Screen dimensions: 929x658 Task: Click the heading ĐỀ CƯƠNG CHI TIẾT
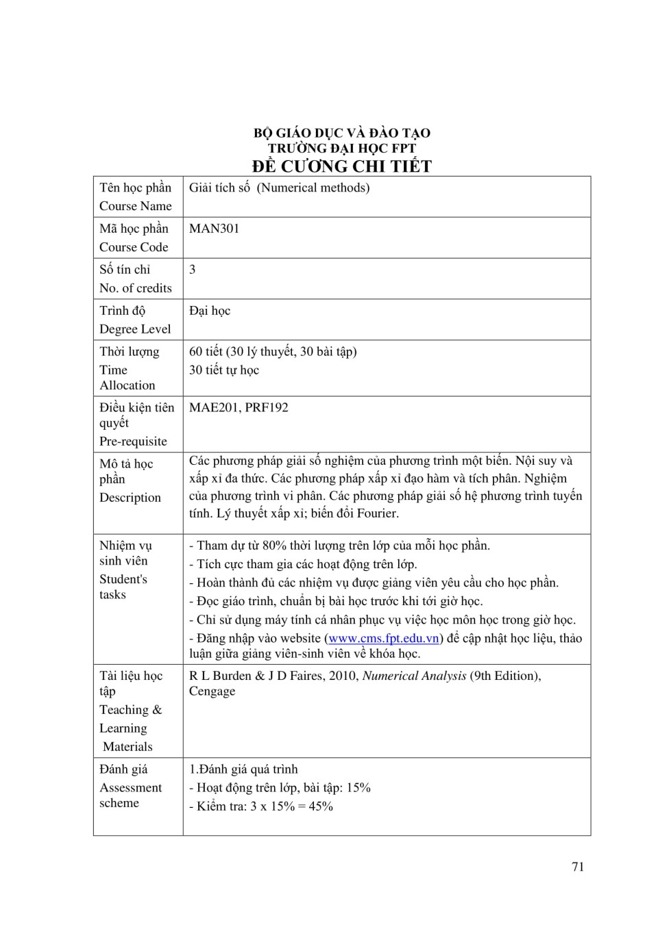[x=341, y=166]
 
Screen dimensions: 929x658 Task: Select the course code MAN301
[x=214, y=229]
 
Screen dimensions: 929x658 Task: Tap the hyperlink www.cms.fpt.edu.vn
[x=384, y=638]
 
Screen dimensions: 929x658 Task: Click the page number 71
[x=578, y=867]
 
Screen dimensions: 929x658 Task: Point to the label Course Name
[x=136, y=206]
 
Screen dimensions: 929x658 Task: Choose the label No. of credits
[x=136, y=288]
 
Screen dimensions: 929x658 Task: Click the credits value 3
[x=193, y=270]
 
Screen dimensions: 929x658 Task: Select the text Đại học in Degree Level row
[x=210, y=311]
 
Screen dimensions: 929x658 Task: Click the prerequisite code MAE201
[x=214, y=407]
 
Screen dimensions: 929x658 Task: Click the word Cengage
[x=212, y=691]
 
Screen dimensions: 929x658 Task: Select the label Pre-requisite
[x=133, y=442]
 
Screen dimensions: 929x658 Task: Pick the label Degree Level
[x=135, y=329]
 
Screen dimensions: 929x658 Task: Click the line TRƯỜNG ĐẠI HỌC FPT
[x=341, y=148]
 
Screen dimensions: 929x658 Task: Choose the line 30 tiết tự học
[x=224, y=370]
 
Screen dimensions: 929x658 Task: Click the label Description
[x=130, y=498]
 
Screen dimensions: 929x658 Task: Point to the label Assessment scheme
[x=130, y=796]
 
